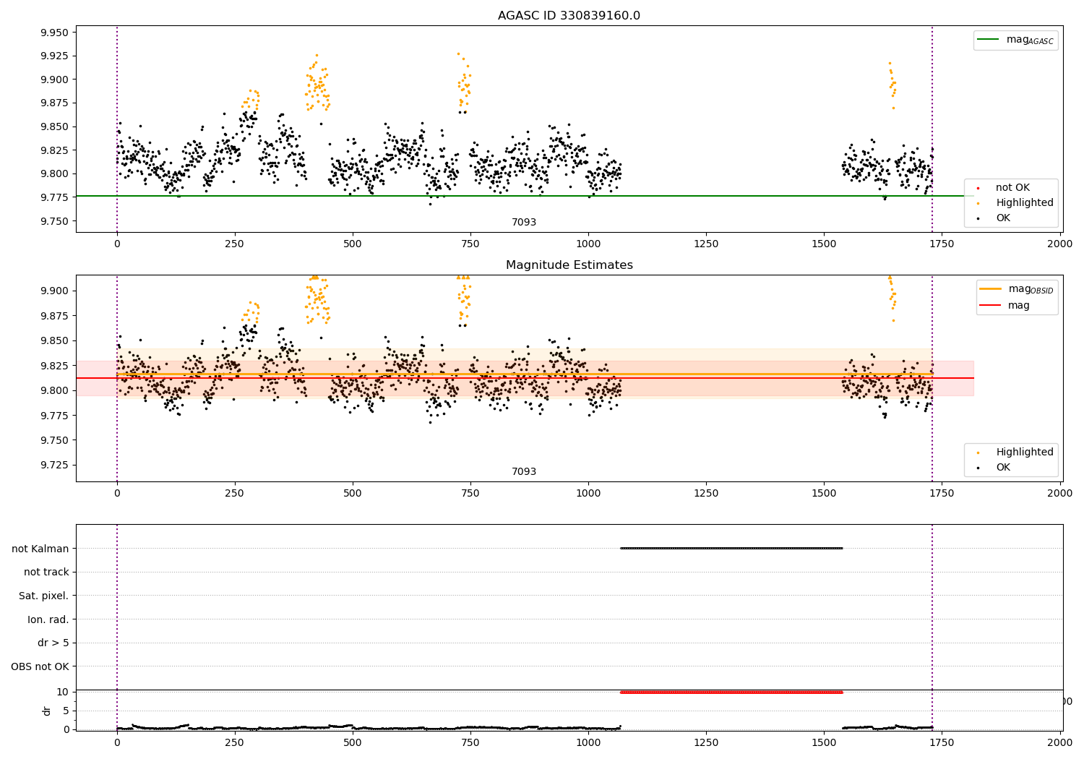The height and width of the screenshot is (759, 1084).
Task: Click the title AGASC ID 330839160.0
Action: [x=569, y=16]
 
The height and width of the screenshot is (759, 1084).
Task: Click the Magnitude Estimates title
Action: [x=569, y=265]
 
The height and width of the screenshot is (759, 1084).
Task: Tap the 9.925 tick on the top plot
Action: [x=55, y=56]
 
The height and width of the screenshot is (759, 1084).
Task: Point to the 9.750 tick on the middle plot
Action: [x=55, y=440]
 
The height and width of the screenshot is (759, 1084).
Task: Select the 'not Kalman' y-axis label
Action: [x=40, y=549]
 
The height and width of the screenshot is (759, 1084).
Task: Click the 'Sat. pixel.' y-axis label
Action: [x=43, y=596]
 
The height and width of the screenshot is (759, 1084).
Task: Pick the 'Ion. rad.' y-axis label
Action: [x=48, y=619]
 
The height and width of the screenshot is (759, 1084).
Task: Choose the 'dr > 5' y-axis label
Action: [x=53, y=643]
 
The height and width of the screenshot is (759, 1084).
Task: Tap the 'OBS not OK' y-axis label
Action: [x=40, y=666]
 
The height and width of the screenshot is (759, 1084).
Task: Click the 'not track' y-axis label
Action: [x=46, y=573]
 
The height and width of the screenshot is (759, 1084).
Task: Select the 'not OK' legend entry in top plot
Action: [x=1012, y=188]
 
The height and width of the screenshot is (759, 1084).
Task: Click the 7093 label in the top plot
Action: [x=524, y=223]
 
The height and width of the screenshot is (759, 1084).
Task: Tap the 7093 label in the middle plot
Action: [x=524, y=472]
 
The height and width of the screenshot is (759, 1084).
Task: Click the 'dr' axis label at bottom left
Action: [x=47, y=711]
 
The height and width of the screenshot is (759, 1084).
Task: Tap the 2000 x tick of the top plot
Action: [x=1060, y=244]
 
